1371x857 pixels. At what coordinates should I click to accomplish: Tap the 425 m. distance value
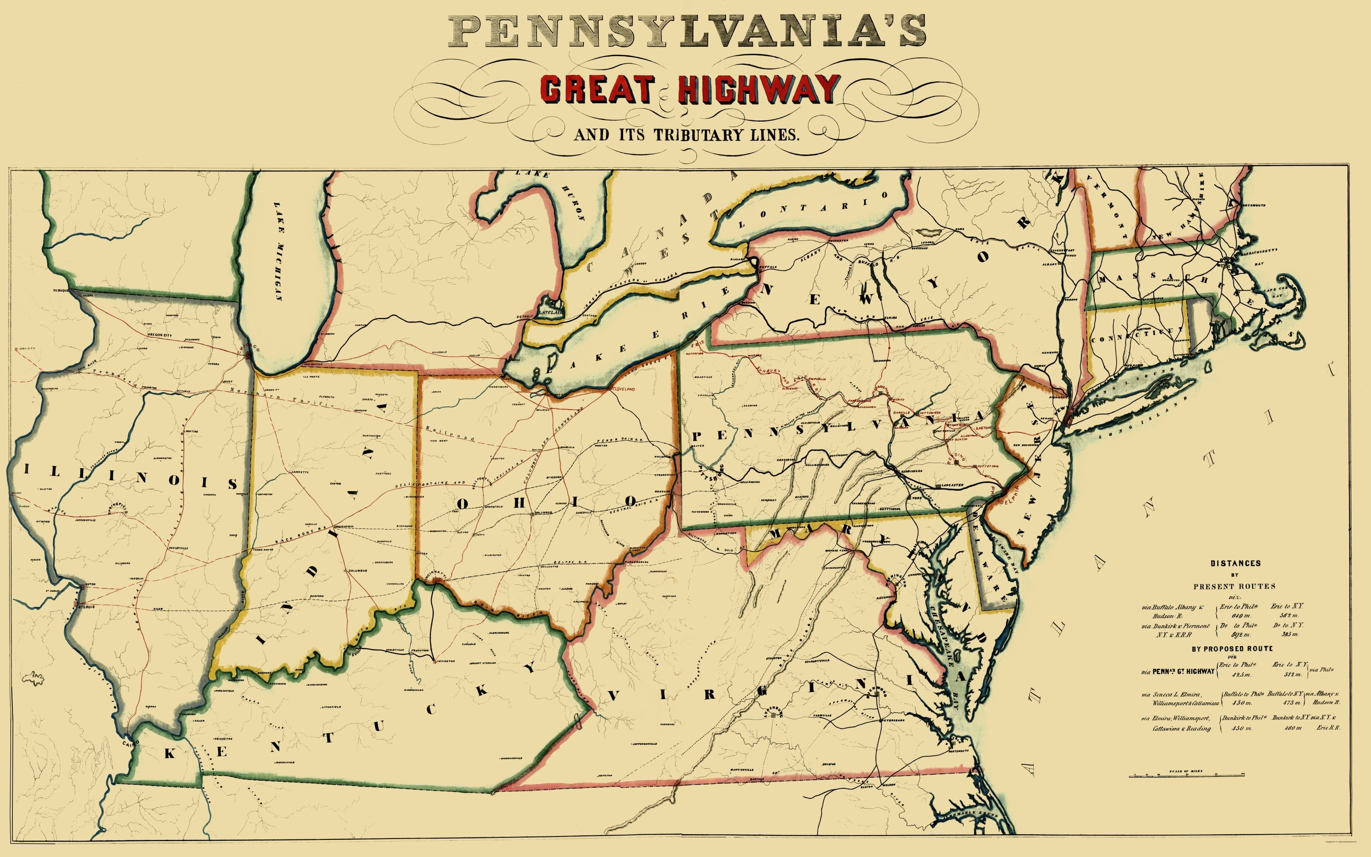(x=1241, y=674)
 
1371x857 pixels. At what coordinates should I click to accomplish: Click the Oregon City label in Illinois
(x=160, y=336)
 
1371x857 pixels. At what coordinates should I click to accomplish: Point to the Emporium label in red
(x=814, y=379)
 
